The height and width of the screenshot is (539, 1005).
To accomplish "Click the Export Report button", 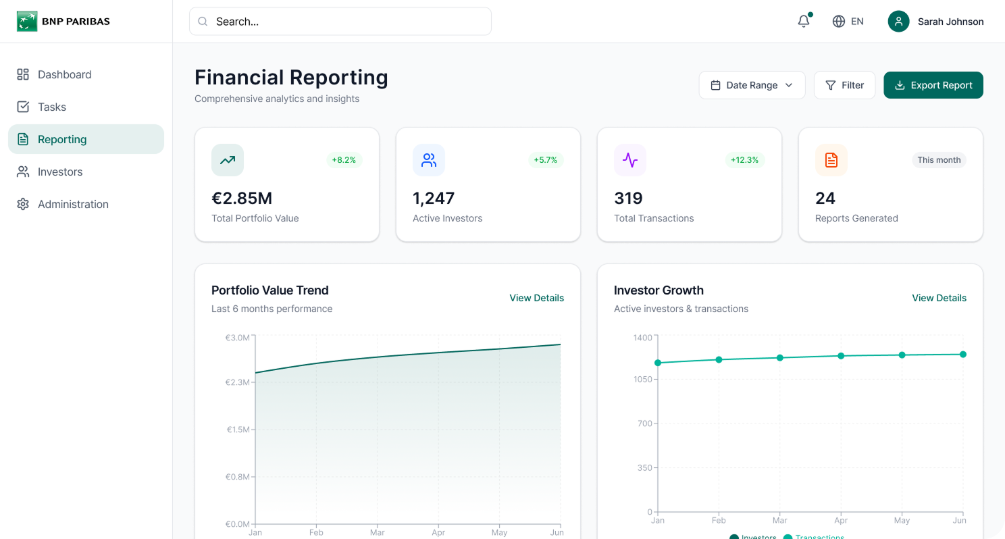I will click(933, 85).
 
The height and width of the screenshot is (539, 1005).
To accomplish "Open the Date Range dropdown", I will click(752, 85).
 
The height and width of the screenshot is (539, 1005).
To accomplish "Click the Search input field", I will click(340, 22).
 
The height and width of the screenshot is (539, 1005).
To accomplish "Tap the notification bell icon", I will click(803, 22).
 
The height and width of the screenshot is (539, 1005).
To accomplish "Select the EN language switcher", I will click(848, 22).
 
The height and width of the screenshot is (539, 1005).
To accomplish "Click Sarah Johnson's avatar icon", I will click(898, 22).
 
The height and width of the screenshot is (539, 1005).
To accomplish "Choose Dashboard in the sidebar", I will click(64, 74).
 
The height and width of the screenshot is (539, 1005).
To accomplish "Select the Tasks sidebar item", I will click(51, 107).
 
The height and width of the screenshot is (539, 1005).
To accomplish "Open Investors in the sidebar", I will click(59, 172).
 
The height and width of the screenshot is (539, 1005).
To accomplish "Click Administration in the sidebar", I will click(72, 204).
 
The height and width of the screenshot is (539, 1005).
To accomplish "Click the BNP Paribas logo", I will click(63, 22).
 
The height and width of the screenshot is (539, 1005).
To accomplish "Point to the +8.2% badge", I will click(344, 160).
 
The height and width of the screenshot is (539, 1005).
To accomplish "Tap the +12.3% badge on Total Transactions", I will click(744, 160).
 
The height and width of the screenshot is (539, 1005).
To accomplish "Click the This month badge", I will click(939, 160).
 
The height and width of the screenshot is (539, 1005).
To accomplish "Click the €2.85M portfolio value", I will click(242, 198).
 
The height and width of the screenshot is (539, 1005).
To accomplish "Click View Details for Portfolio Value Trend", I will click(536, 298).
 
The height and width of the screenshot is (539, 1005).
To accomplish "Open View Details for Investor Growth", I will click(939, 298).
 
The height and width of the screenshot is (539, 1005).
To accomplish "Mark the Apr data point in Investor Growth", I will click(841, 356).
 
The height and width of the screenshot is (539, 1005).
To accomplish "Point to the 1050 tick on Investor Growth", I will click(643, 380).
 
